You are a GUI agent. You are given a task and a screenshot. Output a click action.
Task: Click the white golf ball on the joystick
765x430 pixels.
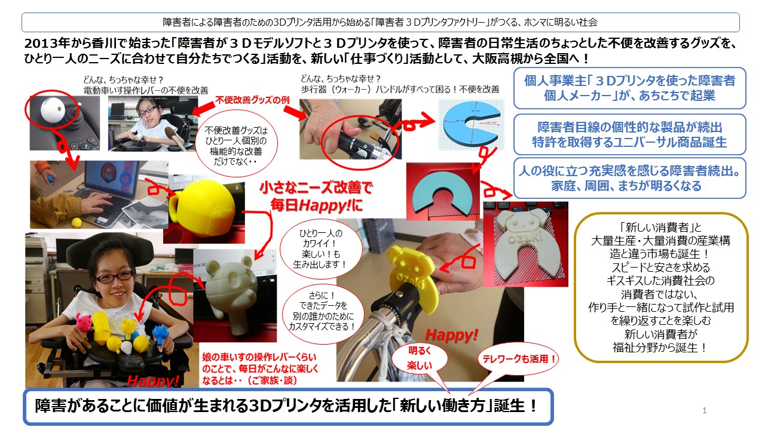click(x=52, y=108)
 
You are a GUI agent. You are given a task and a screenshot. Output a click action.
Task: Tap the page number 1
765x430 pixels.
click(x=704, y=410)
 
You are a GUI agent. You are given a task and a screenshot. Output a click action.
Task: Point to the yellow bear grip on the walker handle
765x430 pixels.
click(x=410, y=277)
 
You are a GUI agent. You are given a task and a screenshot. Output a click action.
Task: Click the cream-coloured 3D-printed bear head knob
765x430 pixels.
click(x=229, y=290)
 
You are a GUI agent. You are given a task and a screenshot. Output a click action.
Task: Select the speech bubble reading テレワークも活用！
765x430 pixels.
click(x=518, y=359)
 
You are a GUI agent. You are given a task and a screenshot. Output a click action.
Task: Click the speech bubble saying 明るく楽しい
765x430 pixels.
click(x=420, y=358)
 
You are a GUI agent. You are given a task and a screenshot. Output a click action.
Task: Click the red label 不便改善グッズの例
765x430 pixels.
click(x=252, y=100)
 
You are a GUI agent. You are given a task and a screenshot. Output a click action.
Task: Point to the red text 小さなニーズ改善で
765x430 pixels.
click(x=316, y=188)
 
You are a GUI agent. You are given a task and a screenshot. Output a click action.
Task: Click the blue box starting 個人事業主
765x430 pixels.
click(x=629, y=88)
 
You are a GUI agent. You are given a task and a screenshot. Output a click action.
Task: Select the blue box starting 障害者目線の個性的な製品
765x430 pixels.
click(x=629, y=134)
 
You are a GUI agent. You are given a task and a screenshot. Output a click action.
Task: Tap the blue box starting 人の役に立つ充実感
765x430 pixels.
click(x=629, y=178)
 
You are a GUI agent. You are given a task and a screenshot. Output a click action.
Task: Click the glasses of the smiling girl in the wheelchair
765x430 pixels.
click(x=114, y=276)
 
